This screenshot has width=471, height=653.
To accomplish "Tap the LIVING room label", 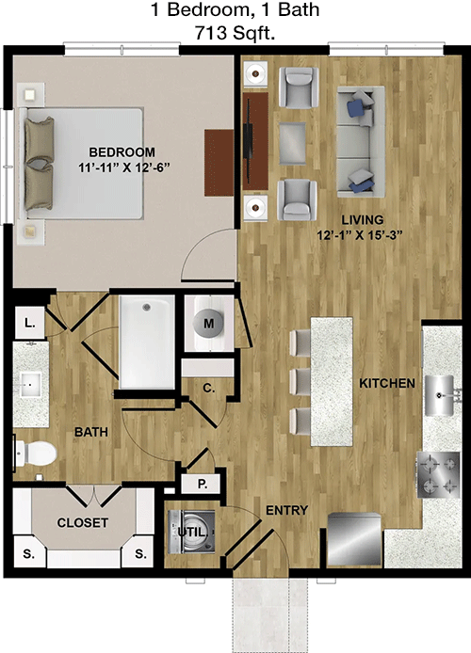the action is (x=363, y=219).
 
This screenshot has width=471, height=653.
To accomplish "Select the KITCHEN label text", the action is (x=387, y=383).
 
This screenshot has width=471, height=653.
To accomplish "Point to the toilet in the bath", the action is (x=36, y=454).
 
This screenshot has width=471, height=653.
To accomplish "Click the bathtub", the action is (x=147, y=342).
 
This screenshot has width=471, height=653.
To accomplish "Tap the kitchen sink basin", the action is (x=439, y=395).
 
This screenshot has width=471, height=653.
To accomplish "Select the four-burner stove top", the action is (x=438, y=475).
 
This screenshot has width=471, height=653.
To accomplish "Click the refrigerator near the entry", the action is (x=354, y=539).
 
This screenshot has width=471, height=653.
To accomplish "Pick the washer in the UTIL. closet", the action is (x=192, y=532).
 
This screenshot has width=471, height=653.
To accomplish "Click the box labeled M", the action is (x=209, y=323).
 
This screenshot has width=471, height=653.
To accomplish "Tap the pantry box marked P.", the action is (x=203, y=484).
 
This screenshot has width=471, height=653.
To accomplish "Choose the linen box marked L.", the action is (x=29, y=323).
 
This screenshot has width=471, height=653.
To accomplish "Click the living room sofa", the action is (x=361, y=141).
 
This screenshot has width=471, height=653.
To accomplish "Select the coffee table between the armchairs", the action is (x=292, y=143).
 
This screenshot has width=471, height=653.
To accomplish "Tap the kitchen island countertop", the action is (x=332, y=381).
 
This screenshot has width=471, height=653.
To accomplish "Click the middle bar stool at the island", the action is (x=300, y=381).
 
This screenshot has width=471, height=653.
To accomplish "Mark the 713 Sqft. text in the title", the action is (x=235, y=33).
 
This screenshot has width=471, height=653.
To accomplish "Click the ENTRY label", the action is (x=286, y=510).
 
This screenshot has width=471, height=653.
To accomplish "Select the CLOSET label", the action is (x=83, y=522).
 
